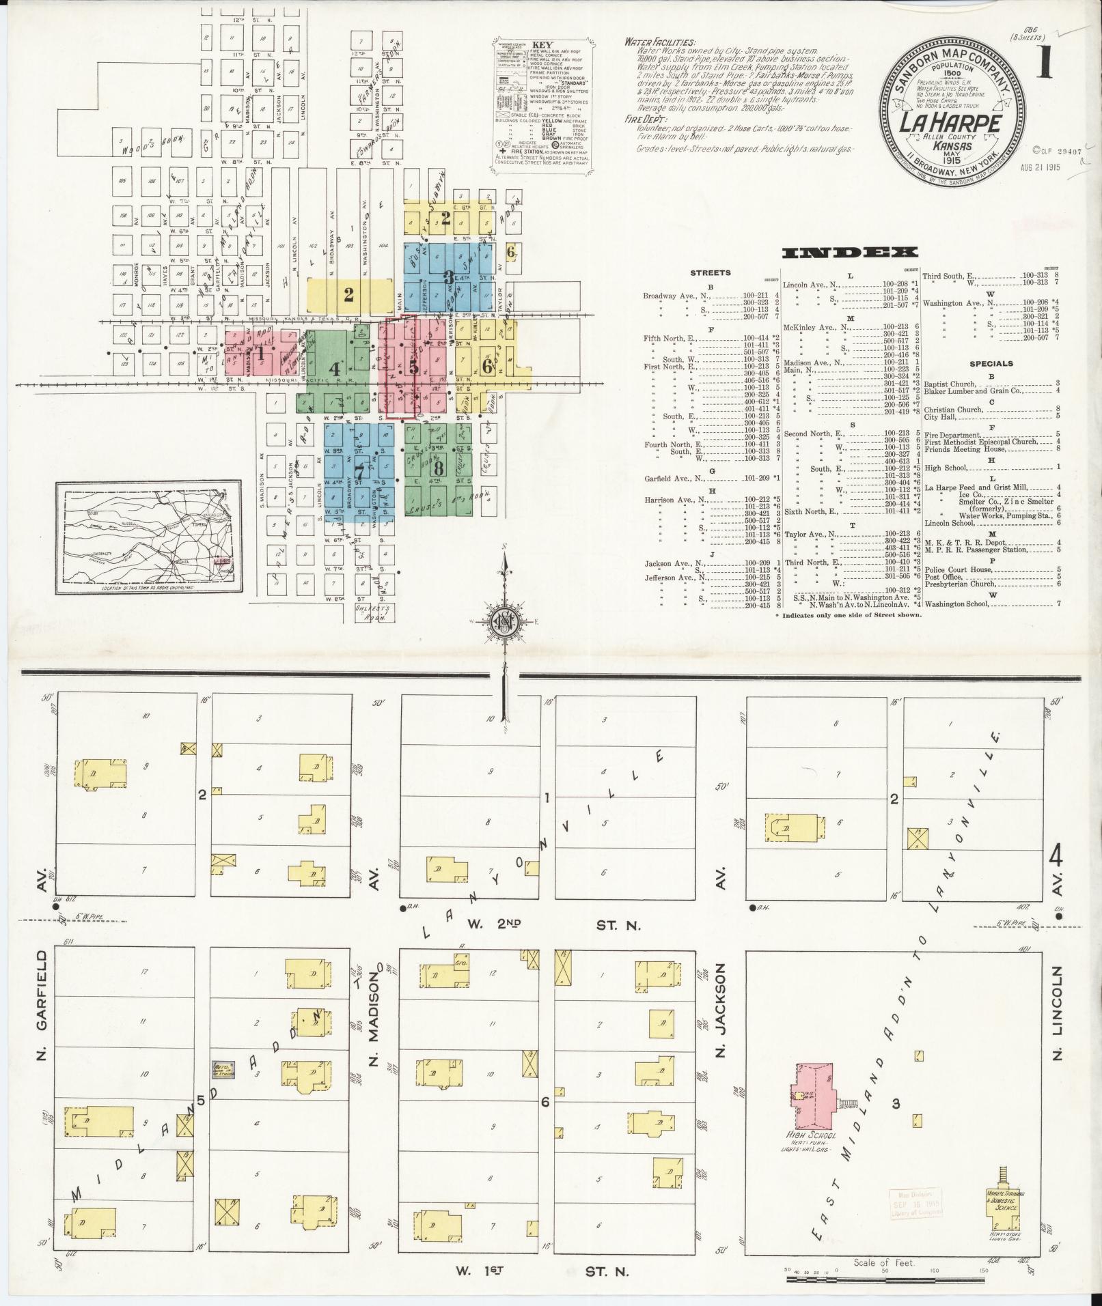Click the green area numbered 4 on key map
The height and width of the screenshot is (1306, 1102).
334,369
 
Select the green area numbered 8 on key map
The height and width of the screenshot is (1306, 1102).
438,468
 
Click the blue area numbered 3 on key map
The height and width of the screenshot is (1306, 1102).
448,278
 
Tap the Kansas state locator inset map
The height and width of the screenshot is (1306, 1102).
149,537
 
